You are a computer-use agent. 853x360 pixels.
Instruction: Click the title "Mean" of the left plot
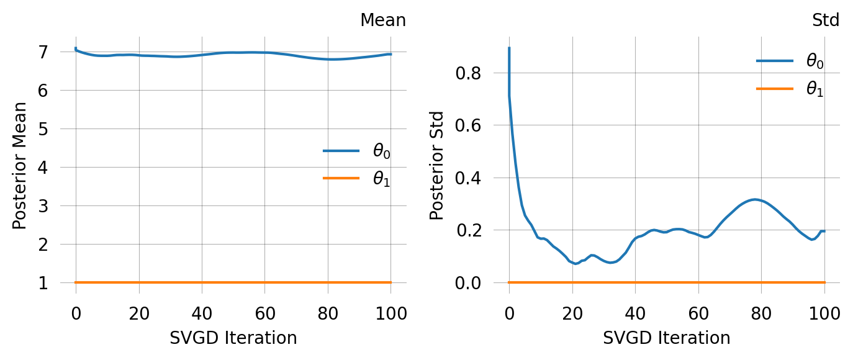[383, 20]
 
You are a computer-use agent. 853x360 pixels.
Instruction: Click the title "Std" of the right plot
[826, 20]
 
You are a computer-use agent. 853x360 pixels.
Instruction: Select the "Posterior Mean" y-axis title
[20, 166]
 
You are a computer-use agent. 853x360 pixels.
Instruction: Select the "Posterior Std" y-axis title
[438, 166]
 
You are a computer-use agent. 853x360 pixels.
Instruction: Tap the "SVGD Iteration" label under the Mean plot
[233, 338]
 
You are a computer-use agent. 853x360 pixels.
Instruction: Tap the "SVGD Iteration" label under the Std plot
[666, 338]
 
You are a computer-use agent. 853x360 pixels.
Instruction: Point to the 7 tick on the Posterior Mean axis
[43, 52]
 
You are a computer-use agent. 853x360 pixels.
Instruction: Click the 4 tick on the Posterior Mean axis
[43, 168]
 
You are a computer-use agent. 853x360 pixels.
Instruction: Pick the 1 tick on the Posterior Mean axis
[43, 283]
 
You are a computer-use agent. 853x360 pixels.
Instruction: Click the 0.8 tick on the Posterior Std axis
[469, 73]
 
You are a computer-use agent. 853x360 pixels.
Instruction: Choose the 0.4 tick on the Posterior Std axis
[469, 178]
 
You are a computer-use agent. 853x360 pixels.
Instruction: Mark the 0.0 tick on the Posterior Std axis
[469, 283]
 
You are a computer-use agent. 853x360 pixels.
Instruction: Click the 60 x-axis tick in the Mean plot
[264, 313]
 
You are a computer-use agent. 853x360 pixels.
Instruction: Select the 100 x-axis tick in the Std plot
[825, 313]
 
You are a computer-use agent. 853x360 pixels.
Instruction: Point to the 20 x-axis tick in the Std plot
[572, 313]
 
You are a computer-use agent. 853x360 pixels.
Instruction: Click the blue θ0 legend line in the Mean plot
[341, 151]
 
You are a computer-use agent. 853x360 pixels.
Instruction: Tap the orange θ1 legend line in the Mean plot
[341, 179]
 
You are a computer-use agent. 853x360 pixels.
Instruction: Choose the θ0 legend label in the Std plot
[815, 61]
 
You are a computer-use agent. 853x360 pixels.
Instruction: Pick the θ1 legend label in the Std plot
[815, 89]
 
